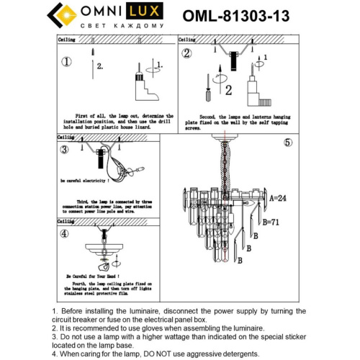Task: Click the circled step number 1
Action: [67, 62]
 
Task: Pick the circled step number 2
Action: [186, 54]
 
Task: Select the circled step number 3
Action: [64, 150]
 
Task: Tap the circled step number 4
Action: [64, 234]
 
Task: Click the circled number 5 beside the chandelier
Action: [288, 143]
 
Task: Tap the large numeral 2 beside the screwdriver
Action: [228, 90]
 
